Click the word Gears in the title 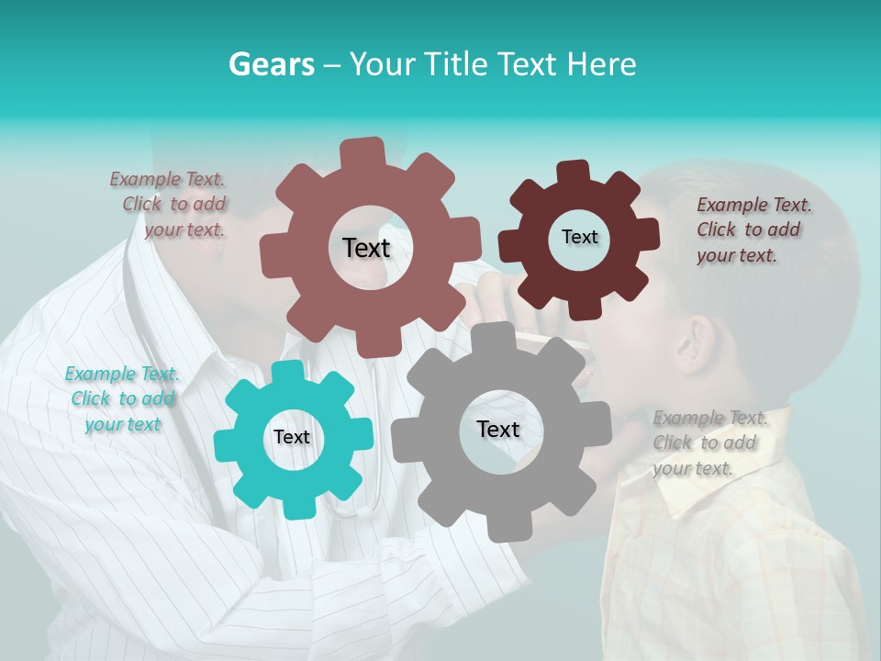coord(271,64)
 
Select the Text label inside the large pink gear coord(366,248)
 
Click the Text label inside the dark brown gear coord(579,237)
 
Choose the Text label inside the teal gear coord(292,437)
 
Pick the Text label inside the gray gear coord(498,429)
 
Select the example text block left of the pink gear coord(170,205)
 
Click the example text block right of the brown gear coord(753,230)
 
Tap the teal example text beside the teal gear coord(122,398)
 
